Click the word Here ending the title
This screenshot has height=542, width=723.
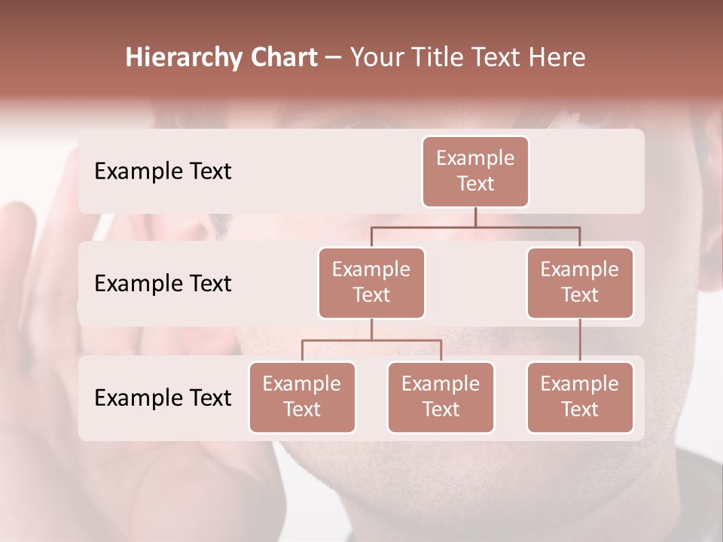(558, 58)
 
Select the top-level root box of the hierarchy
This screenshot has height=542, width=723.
(475, 172)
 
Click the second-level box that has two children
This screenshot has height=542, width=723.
(371, 283)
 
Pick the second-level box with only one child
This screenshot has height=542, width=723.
(580, 283)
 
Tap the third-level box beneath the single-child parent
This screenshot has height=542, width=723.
(580, 397)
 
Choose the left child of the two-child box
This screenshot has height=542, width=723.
(302, 397)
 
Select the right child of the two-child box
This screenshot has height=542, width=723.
(441, 397)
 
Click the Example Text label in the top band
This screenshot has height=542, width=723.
(163, 172)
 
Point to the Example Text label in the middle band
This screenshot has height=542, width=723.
(163, 284)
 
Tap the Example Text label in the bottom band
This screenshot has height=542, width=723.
(163, 397)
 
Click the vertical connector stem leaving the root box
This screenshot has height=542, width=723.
(475, 217)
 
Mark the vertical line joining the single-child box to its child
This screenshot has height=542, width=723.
(580, 340)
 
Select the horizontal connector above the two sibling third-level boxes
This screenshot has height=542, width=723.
(371, 340)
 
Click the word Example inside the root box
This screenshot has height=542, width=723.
(475, 158)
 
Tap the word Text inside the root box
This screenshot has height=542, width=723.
(475, 184)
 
